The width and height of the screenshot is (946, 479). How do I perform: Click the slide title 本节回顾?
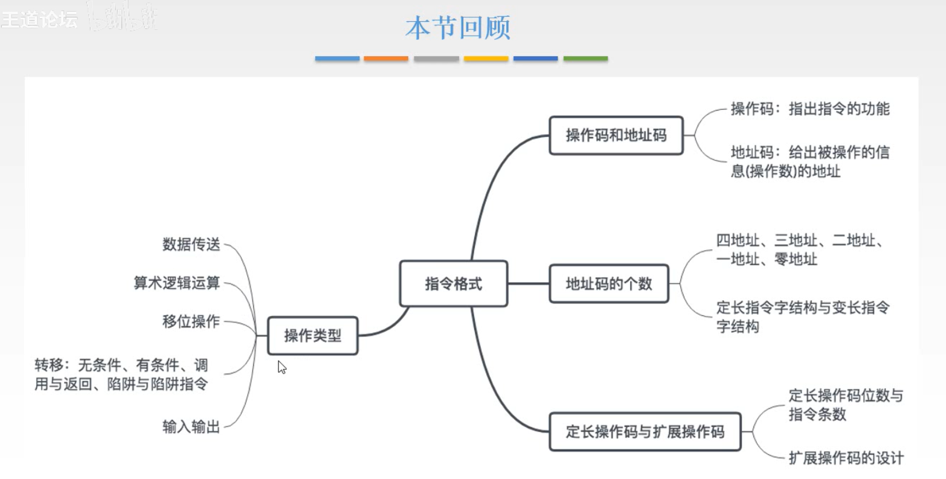click(x=458, y=28)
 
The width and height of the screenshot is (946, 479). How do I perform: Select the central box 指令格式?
click(x=453, y=284)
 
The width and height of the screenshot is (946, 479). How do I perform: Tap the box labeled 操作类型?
click(x=312, y=335)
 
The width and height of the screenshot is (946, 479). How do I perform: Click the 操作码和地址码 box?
click(x=616, y=135)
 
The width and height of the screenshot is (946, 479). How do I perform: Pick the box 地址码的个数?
click(x=608, y=284)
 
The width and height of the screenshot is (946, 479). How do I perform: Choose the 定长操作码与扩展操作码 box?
click(x=645, y=432)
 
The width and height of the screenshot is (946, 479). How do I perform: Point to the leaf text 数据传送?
click(x=191, y=245)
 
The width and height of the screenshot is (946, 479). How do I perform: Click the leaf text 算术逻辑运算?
click(x=176, y=283)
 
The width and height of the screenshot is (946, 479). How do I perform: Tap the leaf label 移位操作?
click(x=191, y=321)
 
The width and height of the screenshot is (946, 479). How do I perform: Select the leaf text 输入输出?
click(x=191, y=427)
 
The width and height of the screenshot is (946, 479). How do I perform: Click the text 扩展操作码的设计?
click(x=846, y=458)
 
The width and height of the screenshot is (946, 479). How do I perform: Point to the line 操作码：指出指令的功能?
click(x=809, y=109)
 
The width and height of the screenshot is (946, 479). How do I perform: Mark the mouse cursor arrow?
click(x=281, y=367)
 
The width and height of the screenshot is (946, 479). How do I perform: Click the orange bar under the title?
click(x=386, y=59)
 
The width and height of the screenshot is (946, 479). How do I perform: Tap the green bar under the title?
click(x=585, y=59)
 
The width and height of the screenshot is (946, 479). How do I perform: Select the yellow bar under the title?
click(x=486, y=59)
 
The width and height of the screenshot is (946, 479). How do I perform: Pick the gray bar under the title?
click(x=436, y=59)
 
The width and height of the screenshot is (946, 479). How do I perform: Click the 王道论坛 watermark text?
click(x=39, y=20)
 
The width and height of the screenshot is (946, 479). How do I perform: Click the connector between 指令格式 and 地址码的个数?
click(x=528, y=283)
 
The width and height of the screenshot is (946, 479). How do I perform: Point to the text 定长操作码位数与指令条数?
click(x=845, y=405)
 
